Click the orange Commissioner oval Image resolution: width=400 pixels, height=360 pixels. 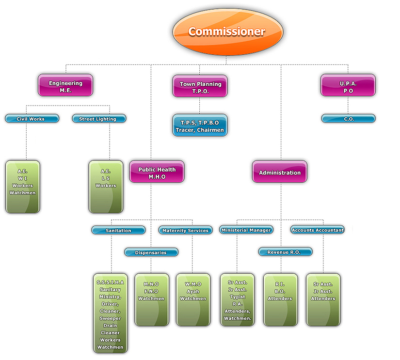coord(226,31)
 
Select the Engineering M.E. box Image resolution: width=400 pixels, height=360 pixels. coord(65,86)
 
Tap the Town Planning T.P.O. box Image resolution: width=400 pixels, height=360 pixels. coord(200,87)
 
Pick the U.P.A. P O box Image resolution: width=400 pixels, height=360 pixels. coord(348,86)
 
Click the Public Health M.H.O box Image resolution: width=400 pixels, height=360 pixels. coord(157,172)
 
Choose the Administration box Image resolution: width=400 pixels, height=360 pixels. coord(279,172)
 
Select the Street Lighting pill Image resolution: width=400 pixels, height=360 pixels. coord(99,119)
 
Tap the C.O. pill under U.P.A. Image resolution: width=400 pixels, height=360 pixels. coord(348,119)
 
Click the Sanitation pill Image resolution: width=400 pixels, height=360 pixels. coord(118,231)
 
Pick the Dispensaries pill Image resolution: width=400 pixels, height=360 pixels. coord(151,252)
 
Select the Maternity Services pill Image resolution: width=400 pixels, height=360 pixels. coord(185,231)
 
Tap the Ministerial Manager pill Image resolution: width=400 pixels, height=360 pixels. coord(246,230)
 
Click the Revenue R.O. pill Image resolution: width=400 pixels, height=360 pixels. coord(285,252)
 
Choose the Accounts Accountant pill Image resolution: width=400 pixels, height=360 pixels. coord(318,230)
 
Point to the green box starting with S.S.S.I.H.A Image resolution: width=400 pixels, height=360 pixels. coord(111,313)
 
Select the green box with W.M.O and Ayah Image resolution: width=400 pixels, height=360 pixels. coord(192,300)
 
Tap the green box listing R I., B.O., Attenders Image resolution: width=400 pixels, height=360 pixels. coord(280,300)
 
